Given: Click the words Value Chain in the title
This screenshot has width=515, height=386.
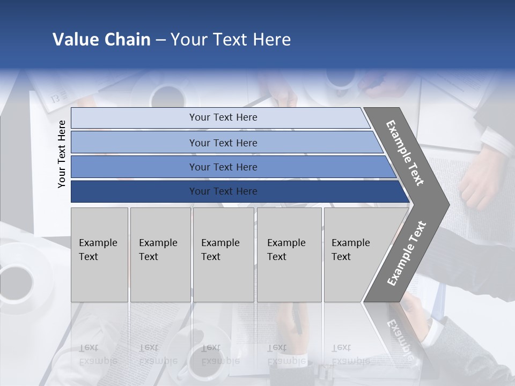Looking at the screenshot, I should [101, 40].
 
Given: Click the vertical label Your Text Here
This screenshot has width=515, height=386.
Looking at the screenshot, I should [62, 154].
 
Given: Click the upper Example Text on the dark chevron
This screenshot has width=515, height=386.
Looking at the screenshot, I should [405, 153].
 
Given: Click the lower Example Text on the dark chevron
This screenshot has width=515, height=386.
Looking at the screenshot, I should [406, 254].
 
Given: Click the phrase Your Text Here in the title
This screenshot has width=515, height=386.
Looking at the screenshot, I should [231, 40].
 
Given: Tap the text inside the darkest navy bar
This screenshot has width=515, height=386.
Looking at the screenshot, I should [223, 191].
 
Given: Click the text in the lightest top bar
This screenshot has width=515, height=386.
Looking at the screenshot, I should [223, 117].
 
